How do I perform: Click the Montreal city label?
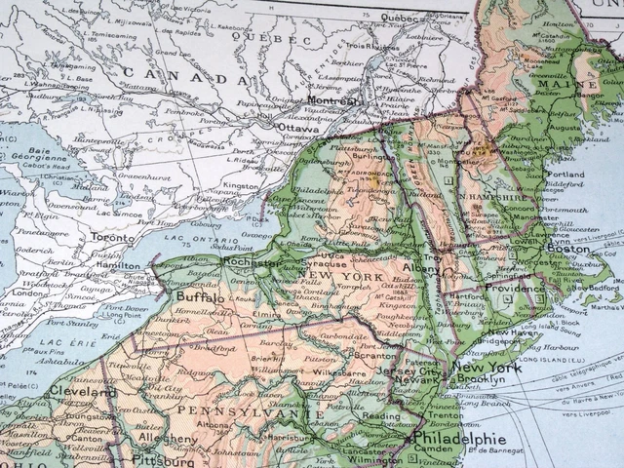(331, 100)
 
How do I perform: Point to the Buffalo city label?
(200, 295)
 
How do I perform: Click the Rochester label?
(252, 262)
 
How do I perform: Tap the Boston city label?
(567, 250)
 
